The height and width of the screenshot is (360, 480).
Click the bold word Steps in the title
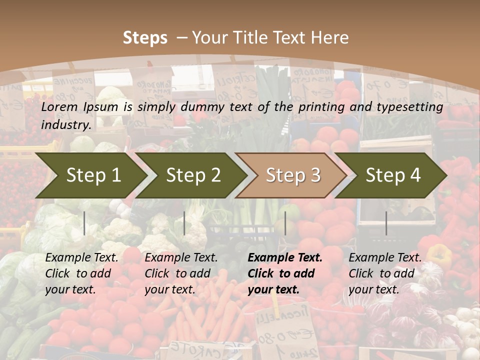click(145, 38)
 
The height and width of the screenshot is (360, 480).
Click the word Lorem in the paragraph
click(59, 107)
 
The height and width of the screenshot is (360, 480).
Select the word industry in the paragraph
click(65, 125)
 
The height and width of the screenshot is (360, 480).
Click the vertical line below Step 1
click(84, 223)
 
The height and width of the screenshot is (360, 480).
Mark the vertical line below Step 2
click(184, 223)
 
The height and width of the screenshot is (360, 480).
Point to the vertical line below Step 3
click(285, 223)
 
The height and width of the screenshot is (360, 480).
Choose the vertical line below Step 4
click(386, 223)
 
